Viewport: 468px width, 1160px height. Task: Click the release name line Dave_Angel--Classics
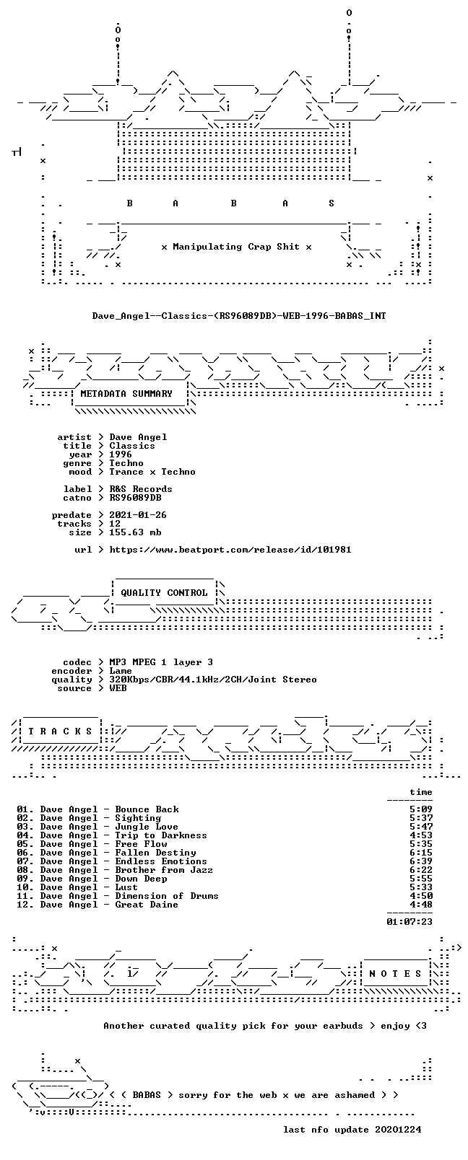[239, 316]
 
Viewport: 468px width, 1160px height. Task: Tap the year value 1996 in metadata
[120, 454]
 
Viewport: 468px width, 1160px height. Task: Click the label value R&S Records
[140, 489]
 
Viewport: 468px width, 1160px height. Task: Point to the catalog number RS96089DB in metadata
[135, 498]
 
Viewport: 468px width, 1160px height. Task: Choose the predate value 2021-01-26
[138, 515]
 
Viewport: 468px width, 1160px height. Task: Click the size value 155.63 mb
[135, 532]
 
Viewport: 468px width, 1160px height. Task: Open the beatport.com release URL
[230, 550]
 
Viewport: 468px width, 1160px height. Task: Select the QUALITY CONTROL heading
[164, 593]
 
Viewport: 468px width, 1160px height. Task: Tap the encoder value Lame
[120, 671]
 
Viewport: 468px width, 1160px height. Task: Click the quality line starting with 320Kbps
[213, 680]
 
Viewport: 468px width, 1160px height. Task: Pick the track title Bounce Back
[147, 809]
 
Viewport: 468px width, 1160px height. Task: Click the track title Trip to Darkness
[160, 835]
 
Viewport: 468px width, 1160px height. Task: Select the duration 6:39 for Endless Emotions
[421, 861]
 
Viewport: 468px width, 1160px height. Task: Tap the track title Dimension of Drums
[166, 896]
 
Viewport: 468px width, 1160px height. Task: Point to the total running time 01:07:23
[409, 922]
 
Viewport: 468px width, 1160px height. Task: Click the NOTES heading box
[396, 974]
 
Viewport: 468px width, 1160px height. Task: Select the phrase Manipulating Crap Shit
[236, 247]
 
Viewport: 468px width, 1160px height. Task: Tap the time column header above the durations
[421, 792]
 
